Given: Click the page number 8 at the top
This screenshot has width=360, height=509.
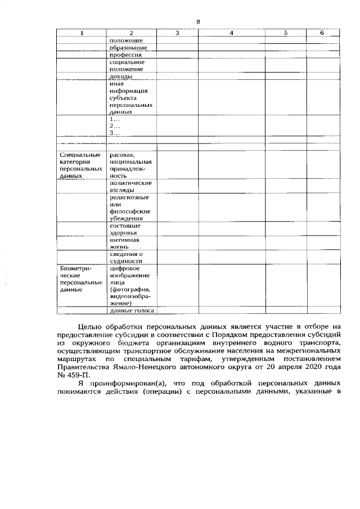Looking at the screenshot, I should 198,22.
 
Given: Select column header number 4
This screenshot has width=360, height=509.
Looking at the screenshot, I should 231,33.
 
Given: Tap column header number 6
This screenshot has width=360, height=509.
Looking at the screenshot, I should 322,33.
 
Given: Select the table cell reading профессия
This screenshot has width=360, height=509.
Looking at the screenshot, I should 125,55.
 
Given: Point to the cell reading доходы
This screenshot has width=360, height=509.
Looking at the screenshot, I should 121,76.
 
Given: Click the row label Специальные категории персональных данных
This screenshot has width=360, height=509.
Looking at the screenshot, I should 80,165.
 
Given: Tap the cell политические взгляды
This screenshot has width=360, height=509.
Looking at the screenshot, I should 130,187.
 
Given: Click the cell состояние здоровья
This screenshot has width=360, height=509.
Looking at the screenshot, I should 125,229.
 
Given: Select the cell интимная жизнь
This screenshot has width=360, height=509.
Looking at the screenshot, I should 125,244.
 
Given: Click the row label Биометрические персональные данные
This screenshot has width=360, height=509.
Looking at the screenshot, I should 80,279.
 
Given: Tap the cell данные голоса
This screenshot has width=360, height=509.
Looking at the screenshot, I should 132,310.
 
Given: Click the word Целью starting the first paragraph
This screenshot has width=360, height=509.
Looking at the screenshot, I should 90,326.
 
